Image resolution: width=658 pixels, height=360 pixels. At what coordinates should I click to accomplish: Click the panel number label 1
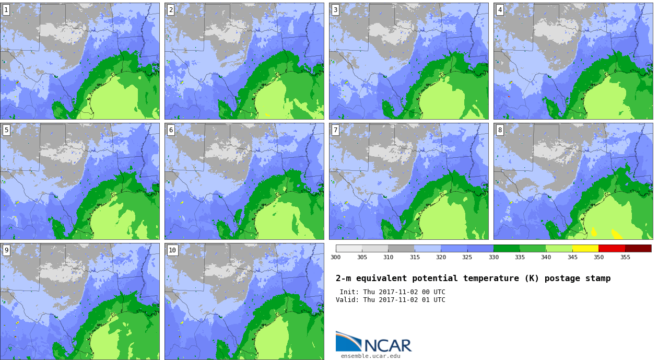[x=6, y=10]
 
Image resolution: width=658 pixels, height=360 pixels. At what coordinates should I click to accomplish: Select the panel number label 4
[x=500, y=10]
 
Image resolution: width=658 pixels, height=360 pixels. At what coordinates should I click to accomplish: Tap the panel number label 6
[x=171, y=130]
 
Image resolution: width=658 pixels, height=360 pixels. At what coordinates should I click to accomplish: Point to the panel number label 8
[x=500, y=130]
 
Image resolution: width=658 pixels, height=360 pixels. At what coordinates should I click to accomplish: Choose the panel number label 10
[x=172, y=250]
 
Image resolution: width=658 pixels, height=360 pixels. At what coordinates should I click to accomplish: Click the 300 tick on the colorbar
[x=335, y=257]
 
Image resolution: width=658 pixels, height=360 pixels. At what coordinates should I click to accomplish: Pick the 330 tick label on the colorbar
[x=494, y=257]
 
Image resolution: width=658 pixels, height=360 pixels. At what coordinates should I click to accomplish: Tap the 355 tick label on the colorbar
[x=625, y=257]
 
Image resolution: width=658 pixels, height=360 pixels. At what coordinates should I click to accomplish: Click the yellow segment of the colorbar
[x=585, y=248]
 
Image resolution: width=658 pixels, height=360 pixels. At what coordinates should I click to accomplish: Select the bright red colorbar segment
[x=612, y=248]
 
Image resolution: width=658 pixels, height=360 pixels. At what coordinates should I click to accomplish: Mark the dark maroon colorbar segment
[x=638, y=248]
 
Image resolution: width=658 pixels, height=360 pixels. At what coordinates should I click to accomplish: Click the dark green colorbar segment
[x=507, y=248]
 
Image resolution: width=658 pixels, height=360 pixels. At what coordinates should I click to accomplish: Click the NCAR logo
[x=374, y=342]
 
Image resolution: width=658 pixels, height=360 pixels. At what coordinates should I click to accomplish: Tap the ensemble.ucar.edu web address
[x=370, y=356]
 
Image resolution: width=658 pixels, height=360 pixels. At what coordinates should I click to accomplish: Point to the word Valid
[x=347, y=300]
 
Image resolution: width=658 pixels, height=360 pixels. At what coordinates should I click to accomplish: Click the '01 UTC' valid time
[x=433, y=300]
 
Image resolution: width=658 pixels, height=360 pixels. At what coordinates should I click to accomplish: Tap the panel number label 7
[x=335, y=130]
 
